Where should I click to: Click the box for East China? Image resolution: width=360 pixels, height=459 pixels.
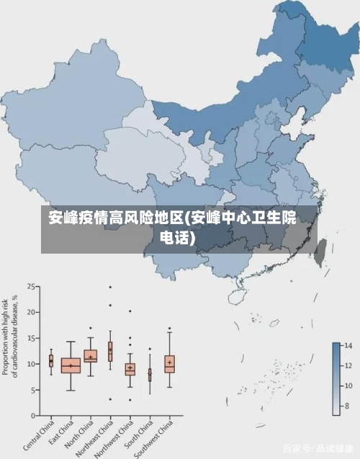tap(71, 365)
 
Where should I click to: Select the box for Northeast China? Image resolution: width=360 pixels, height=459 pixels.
tap(110, 351)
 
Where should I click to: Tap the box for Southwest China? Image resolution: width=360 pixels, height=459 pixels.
tap(169, 363)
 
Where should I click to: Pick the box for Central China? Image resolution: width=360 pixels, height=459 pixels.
tap(51, 361)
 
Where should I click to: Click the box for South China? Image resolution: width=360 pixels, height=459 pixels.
tap(150, 375)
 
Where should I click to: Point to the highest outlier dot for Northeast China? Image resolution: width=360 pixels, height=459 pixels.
tap(110, 288)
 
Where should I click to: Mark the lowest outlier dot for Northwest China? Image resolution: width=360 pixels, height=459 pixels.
tap(130, 400)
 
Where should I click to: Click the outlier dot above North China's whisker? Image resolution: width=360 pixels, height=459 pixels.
tap(91, 328)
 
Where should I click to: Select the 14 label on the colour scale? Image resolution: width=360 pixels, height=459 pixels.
tap(346, 347)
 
